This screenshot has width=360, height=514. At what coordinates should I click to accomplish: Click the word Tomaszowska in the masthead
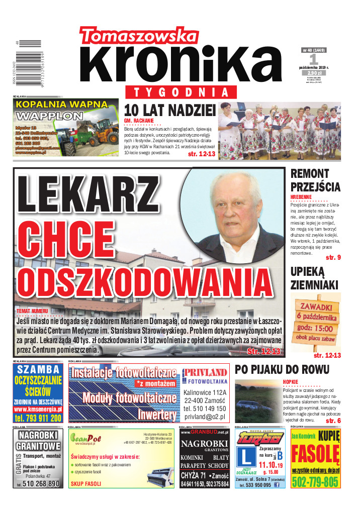click(x=138, y=36)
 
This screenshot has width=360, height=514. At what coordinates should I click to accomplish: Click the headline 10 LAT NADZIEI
click(x=169, y=111)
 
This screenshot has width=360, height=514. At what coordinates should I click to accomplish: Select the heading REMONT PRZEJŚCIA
click(x=315, y=180)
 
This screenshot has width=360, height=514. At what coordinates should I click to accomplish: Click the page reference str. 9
click(x=333, y=257)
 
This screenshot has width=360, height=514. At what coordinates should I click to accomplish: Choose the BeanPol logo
click(x=86, y=439)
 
